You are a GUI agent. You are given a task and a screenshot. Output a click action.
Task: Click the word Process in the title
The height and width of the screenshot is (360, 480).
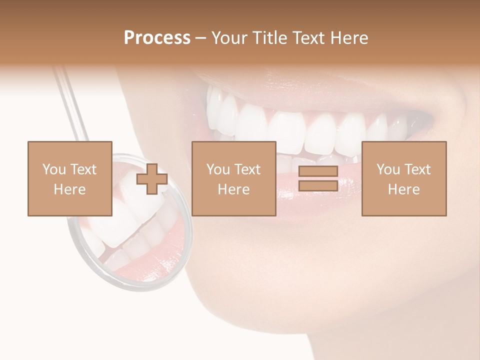point(157,38)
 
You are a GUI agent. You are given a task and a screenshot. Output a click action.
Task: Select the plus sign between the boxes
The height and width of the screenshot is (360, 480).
point(152,179)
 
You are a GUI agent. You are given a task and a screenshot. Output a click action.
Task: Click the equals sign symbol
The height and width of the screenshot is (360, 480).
point(318,178)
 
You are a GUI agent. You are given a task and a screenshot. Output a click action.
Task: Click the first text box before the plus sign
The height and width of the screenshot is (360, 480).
point(70,178)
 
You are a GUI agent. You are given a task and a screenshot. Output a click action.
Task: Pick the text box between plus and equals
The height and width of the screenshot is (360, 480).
point(233,178)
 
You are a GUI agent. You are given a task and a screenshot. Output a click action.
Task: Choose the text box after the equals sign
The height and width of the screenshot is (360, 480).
point(403,178)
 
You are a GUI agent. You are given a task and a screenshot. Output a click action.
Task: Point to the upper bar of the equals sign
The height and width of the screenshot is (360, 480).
point(318,171)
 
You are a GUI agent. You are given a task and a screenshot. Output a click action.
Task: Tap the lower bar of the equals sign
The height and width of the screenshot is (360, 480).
point(318,185)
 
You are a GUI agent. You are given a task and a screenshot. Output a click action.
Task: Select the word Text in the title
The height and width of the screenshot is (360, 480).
point(308,38)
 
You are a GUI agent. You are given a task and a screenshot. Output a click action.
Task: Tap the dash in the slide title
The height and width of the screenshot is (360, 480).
point(200,38)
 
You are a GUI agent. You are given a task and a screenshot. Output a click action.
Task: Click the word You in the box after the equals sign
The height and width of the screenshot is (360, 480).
point(388,169)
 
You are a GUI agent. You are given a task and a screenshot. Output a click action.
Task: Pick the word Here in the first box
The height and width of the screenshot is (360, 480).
point(70,189)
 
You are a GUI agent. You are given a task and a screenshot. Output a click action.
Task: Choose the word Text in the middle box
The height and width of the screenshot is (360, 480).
point(248,169)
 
